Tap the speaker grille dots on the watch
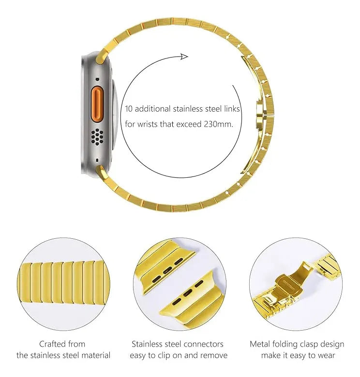(x=97, y=137)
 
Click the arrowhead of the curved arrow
(x=184, y=57)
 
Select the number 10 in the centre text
(x=129, y=109)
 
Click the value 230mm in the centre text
(x=218, y=124)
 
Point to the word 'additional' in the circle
(x=152, y=109)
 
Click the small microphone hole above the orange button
(x=97, y=79)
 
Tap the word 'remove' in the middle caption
(x=214, y=355)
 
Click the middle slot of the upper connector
(x=167, y=271)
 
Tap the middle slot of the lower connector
(x=188, y=293)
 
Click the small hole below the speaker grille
(x=97, y=159)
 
